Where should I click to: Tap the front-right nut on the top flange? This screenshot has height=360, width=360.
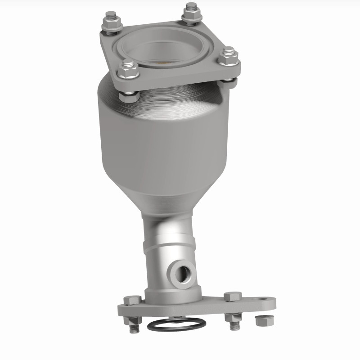(x=228, y=56)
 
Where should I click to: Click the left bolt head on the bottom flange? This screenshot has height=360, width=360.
(x=134, y=300)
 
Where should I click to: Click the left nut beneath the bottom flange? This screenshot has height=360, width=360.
(x=132, y=320)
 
